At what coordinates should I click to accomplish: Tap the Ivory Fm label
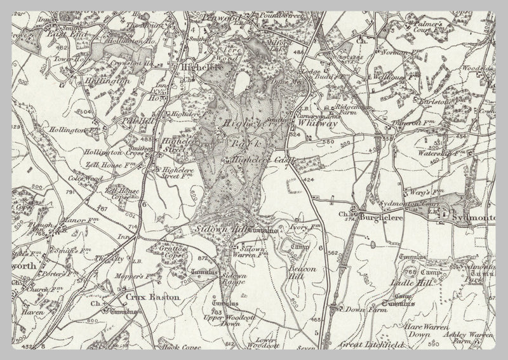tap(298, 227)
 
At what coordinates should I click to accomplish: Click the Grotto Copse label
tap(171, 248)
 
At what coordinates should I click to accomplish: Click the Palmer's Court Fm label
tap(447, 29)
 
